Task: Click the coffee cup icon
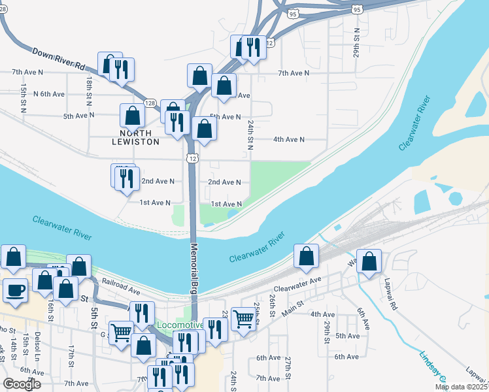[x=15, y=290]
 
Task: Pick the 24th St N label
[x=250, y=133]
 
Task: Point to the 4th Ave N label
[x=289, y=139]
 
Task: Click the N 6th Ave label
[x=49, y=94]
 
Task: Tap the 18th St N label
[x=89, y=90]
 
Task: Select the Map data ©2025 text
[x=460, y=387]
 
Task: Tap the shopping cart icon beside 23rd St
[x=243, y=319]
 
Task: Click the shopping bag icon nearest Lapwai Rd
[x=369, y=261]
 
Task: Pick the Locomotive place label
[x=180, y=325]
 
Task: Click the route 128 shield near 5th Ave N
[x=150, y=103]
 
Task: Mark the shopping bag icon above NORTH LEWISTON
[x=132, y=116]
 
